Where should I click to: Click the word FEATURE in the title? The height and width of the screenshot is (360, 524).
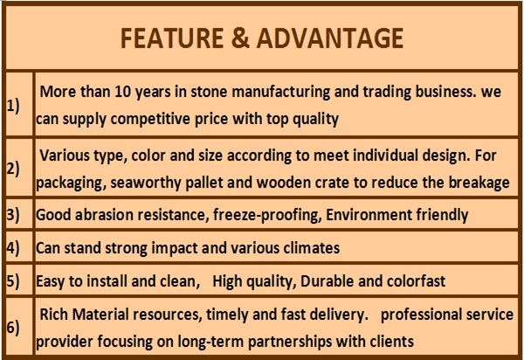tap(172, 38)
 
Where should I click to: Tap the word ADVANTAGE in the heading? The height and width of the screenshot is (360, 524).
tap(330, 38)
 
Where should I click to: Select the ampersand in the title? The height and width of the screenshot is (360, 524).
tap(240, 38)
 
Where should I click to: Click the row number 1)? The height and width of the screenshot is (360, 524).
tap(13, 106)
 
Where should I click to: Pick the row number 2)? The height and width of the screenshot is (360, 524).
tap(13, 169)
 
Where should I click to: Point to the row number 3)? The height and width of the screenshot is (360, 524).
tap(13, 214)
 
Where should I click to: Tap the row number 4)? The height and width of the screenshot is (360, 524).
tap(13, 248)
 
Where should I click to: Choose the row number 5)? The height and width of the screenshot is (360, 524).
tap(13, 280)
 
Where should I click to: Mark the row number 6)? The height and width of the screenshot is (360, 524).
tap(13, 328)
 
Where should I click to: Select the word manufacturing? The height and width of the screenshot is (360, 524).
tap(280, 92)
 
